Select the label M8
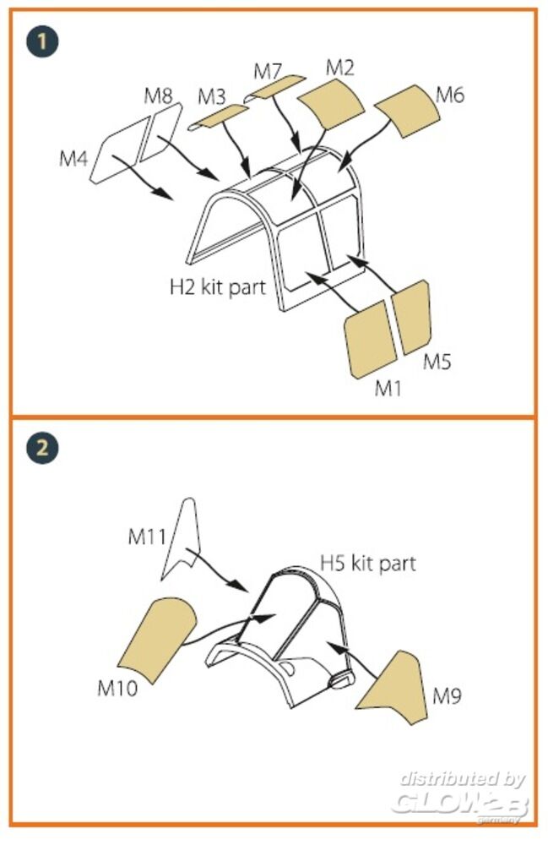158,95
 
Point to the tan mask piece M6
405,112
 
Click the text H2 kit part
217,286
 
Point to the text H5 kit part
367,563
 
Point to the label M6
450,95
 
